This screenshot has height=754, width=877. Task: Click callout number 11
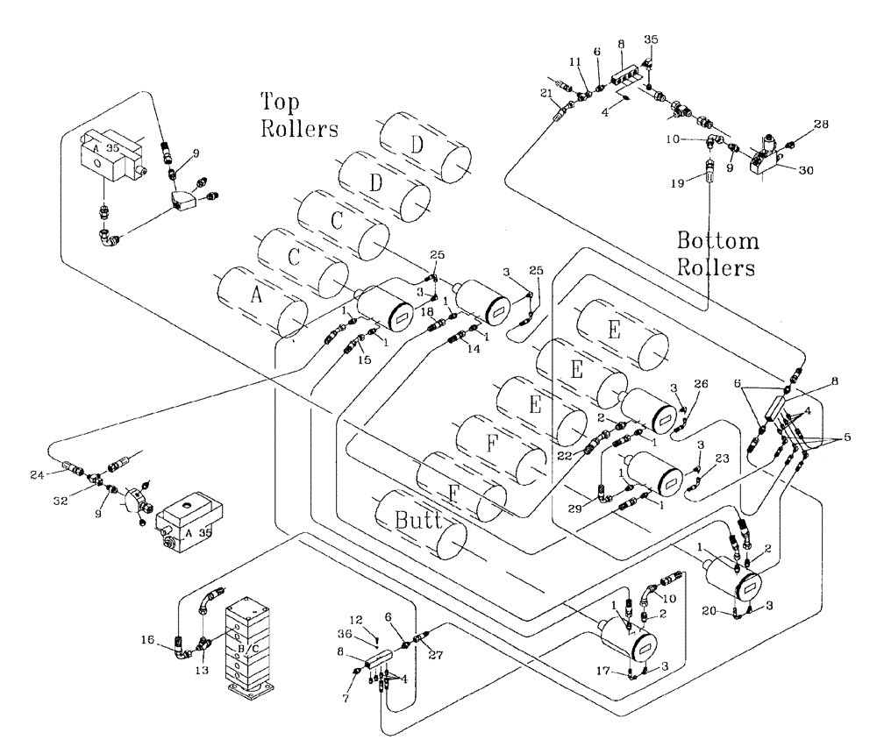tap(574, 64)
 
